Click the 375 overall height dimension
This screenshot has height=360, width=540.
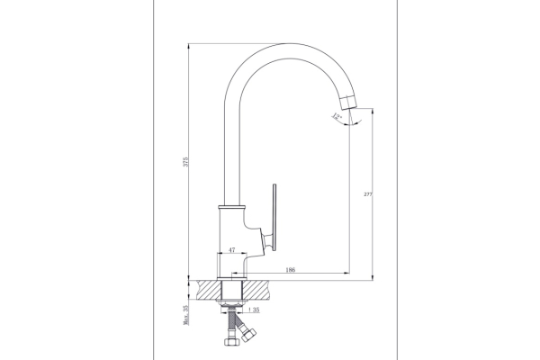tap(185, 162)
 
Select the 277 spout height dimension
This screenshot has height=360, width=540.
tap(368, 194)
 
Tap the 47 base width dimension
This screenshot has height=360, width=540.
tap(232, 250)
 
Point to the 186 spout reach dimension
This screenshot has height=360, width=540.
tap(291, 270)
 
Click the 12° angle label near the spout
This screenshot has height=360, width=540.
tap(337, 116)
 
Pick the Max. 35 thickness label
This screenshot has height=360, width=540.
tap(186, 315)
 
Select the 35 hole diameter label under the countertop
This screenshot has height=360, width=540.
tap(254, 310)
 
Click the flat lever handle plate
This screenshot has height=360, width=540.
tap(274, 218)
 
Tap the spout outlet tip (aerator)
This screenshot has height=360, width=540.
tap(347, 103)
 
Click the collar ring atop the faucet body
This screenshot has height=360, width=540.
tap(232, 207)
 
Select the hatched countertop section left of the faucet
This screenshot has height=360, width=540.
tap(209, 290)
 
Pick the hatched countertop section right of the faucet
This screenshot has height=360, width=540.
tap(256, 290)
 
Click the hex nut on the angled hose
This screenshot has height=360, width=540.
tap(248, 335)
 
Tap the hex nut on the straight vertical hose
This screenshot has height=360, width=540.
tap(231, 341)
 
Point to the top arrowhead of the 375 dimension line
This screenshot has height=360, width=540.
tap(189, 47)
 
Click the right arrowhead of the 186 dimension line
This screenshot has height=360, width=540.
tap(346, 274)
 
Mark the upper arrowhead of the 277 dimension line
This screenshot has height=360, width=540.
tap(373, 112)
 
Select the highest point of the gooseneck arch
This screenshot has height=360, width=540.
tap(286, 43)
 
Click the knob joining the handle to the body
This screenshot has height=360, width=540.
tap(266, 239)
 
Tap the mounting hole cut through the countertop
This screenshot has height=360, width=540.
tap(232, 290)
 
